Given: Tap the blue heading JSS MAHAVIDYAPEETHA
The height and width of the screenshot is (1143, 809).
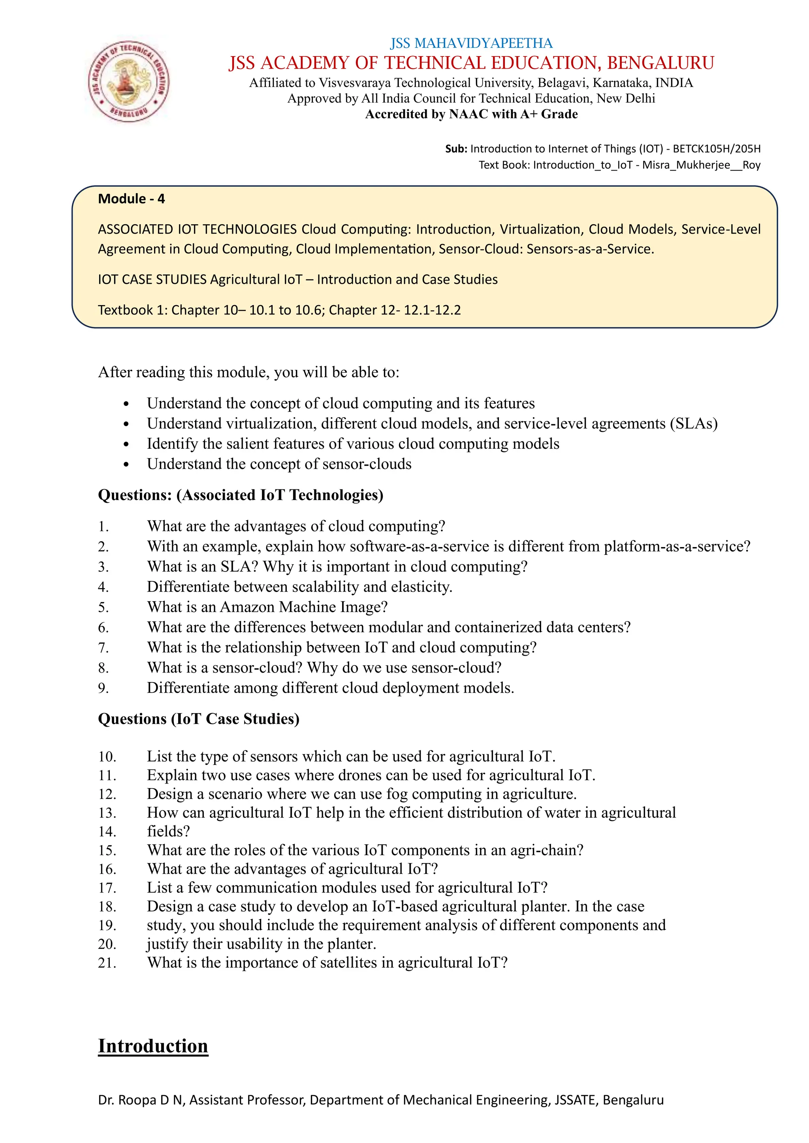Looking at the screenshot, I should coord(471,43).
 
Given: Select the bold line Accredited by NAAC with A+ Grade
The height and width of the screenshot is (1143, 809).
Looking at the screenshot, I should coord(471,114).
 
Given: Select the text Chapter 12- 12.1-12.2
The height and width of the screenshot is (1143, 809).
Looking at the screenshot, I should coord(395,310).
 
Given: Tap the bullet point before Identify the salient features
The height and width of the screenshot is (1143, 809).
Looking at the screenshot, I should coord(126,444).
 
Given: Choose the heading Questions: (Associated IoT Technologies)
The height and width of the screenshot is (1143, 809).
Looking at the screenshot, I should coord(241,495).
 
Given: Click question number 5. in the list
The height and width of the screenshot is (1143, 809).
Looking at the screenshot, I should coord(103,607).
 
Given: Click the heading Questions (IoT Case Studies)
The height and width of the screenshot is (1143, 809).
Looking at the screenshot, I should coord(199,719).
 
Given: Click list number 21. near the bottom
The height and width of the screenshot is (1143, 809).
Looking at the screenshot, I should coord(107,963).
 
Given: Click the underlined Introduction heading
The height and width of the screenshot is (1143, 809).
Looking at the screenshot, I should coord(153,1046).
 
